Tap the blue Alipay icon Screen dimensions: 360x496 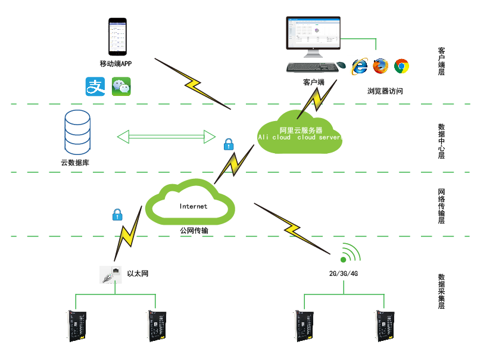(95, 86)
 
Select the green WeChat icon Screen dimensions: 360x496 (121, 87)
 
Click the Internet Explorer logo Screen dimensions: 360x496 (360, 66)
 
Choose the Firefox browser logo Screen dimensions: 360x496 (381, 66)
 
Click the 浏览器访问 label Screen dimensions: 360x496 (385, 91)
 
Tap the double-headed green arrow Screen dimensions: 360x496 (166, 136)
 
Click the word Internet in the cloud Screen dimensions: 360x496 (194, 206)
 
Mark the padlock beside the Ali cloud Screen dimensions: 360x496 (227, 144)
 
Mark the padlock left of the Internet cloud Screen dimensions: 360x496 (117, 214)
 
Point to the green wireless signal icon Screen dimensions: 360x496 (350, 254)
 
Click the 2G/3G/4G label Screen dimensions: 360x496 (343, 274)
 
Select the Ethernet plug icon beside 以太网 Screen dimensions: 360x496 (110, 275)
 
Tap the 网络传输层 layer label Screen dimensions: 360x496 (442, 206)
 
